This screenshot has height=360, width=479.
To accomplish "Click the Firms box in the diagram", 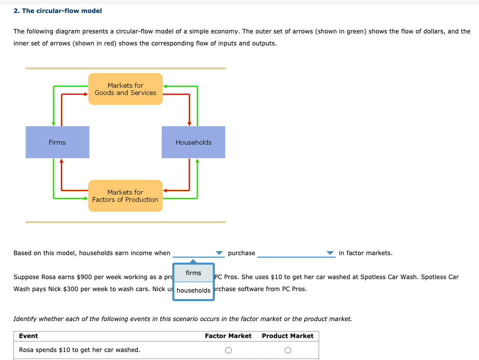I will pos(57,142).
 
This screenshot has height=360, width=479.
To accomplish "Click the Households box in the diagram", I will pos(193,142).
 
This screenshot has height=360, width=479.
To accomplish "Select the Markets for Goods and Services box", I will pos(125,89).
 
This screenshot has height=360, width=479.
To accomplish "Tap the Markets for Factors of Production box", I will pos(125,196).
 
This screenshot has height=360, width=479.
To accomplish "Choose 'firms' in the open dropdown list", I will pos(193,273).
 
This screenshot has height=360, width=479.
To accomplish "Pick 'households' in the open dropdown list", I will pos(193,291).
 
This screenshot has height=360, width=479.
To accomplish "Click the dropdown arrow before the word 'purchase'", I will pos(219,253).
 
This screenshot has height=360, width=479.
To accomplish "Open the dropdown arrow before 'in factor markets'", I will pos(330,253).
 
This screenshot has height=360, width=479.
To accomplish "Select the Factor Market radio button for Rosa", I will pos(228,350).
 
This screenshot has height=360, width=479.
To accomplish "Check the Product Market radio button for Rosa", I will pos(288,350).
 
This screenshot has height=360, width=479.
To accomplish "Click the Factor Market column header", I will pos(228,336).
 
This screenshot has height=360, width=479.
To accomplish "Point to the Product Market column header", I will pos(288,336).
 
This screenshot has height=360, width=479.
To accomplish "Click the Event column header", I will pos(28,336).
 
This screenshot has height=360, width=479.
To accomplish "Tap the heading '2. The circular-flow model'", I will pos(57,10).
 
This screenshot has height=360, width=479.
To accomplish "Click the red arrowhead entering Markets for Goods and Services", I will pos(85,93).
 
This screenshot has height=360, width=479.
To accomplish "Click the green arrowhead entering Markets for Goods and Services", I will pos(165,86).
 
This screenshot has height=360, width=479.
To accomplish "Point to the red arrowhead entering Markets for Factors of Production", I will pos(165,190).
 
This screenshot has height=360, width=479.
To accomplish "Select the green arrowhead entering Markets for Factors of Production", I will pos(85,198).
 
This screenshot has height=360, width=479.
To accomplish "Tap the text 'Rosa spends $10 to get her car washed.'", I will pos(79,350).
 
